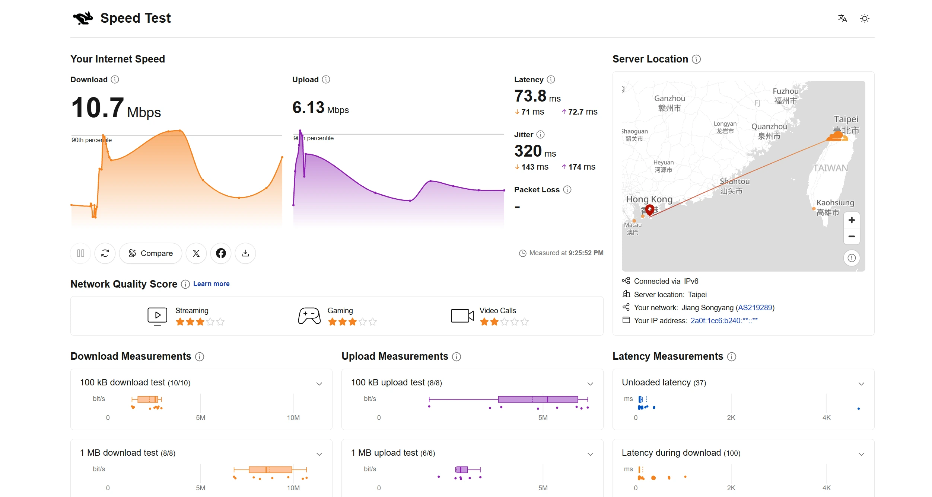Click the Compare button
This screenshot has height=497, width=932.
tap(150, 253)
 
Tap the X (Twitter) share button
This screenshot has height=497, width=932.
tap(196, 253)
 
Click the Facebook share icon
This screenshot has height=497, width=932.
tap(221, 253)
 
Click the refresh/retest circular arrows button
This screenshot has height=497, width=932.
tap(105, 253)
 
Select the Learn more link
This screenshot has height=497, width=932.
tap(211, 284)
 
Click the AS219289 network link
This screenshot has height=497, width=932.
tap(755, 308)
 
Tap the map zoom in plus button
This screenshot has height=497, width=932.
tap(852, 220)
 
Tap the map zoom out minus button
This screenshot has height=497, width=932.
tap(852, 237)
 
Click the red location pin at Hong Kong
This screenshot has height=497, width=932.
tap(650, 210)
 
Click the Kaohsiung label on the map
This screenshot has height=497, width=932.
tap(835, 203)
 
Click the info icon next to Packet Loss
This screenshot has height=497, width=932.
tap(567, 190)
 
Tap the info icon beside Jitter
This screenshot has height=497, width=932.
tap(540, 135)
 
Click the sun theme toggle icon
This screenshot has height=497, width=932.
tap(865, 19)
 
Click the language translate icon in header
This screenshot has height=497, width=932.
tap(843, 19)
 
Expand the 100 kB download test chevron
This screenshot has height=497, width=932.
tap(319, 384)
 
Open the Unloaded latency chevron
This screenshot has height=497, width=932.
tap(861, 384)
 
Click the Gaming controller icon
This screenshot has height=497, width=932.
tap(309, 316)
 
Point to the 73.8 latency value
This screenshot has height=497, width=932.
tap(530, 96)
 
